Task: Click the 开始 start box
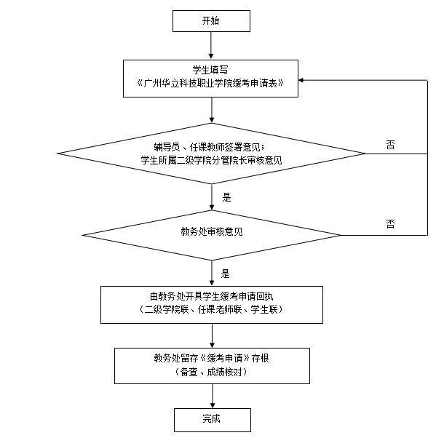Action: point(211,21)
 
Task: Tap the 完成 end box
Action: point(213,420)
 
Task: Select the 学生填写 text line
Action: point(210,70)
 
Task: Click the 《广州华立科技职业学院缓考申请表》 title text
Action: point(210,84)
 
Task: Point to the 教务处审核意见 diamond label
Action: point(212,231)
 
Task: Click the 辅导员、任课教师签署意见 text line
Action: point(209,147)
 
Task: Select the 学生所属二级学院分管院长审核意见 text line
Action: point(211,160)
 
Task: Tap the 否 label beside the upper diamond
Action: point(390,145)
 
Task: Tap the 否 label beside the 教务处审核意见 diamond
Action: point(390,224)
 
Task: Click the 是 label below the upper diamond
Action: point(226,197)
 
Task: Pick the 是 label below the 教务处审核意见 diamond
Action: point(225,274)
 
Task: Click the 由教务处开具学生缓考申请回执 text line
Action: point(212,296)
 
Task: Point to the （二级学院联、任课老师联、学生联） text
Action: point(212,309)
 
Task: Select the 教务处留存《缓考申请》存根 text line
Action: point(212,358)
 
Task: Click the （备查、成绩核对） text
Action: point(211,372)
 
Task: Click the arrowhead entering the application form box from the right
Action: point(301,80)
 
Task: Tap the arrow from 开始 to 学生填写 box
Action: point(211,46)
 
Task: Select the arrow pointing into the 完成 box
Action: point(213,397)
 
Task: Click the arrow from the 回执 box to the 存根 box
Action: point(212,335)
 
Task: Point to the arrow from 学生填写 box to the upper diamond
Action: point(212,110)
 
